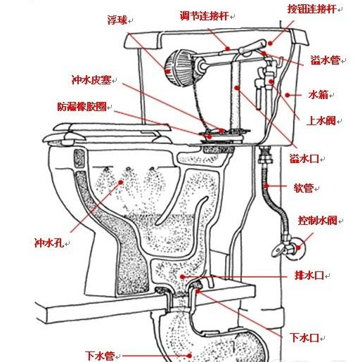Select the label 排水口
(x=309, y=276)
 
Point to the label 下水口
(x=305, y=337)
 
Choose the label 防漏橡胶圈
(x=82, y=107)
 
